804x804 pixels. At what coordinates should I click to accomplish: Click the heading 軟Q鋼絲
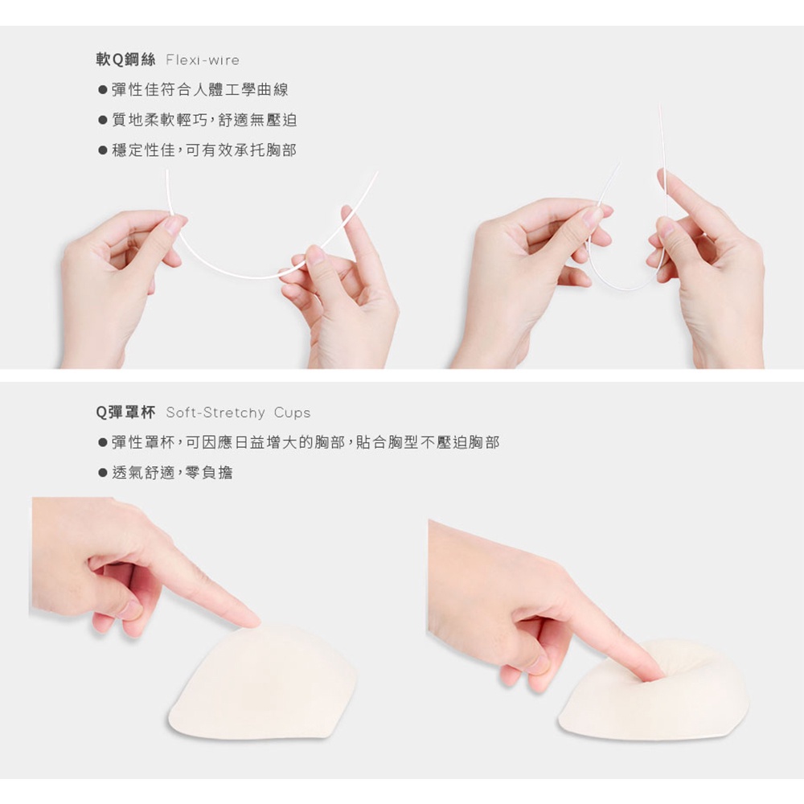125,60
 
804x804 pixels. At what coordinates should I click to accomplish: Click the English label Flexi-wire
203,60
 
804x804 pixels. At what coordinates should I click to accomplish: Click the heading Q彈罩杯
125,412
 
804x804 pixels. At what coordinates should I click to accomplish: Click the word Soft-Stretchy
215,412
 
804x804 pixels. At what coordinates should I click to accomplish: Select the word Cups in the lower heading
293,412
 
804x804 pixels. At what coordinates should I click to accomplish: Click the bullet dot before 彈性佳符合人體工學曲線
103,90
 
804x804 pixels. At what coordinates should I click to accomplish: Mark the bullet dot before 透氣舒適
103,473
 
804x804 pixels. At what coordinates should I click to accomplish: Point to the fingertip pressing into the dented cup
651,676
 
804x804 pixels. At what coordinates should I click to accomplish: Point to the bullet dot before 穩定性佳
103,151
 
